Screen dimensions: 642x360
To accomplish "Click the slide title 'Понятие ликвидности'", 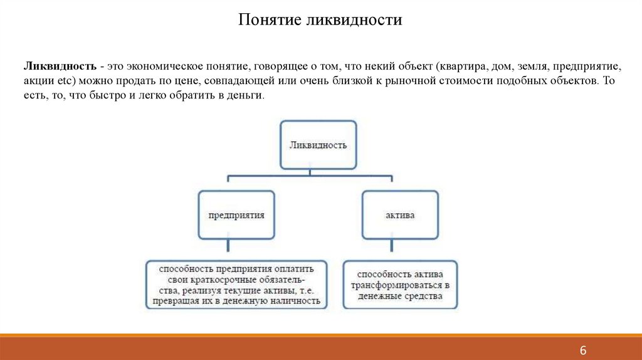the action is [320, 20].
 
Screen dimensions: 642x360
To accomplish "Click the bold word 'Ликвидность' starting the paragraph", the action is [60, 65].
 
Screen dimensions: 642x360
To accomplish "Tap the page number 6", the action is [583, 350].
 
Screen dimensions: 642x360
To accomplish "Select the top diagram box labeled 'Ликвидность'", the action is [318, 145].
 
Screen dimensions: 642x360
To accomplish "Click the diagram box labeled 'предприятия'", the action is [236, 214].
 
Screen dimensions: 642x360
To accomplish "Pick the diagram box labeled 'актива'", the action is [399, 214].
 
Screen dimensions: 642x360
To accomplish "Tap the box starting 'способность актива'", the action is [400, 285].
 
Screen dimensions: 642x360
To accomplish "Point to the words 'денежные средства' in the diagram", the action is [400, 295].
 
